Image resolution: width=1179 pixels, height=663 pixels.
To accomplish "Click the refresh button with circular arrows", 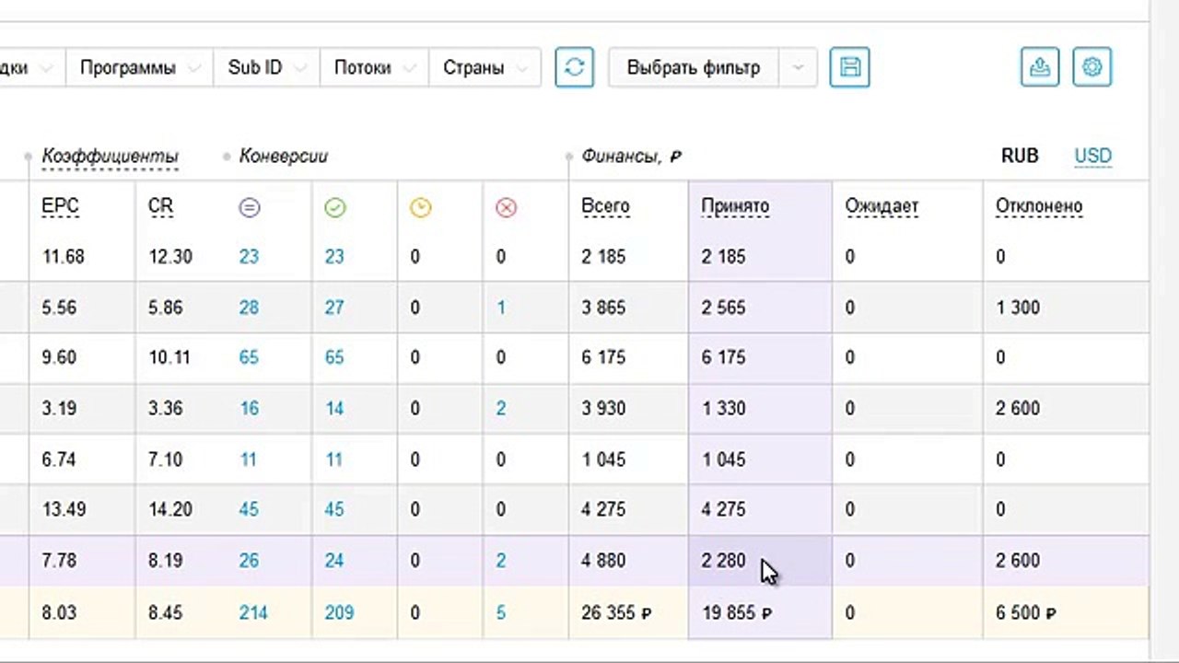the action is pyautogui.click(x=574, y=67).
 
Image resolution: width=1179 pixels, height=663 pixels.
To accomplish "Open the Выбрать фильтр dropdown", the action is pyautogui.click(x=713, y=67).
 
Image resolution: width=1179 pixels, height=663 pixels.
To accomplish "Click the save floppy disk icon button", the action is pyautogui.click(x=849, y=67).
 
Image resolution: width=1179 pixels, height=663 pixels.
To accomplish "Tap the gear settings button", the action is pyautogui.click(x=1092, y=67).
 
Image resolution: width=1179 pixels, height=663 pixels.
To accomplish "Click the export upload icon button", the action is pyautogui.click(x=1040, y=67).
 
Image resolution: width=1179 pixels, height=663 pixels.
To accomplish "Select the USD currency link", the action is pyautogui.click(x=1093, y=156).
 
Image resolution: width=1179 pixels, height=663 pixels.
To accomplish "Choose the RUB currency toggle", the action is pyautogui.click(x=1020, y=156).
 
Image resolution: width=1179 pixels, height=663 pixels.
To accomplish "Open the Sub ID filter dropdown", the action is pyautogui.click(x=267, y=67).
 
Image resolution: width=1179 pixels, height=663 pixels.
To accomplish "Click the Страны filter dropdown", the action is pyautogui.click(x=484, y=67).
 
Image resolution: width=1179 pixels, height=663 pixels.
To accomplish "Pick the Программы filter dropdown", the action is pyautogui.click(x=139, y=67).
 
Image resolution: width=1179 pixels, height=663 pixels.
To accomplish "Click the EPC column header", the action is pyautogui.click(x=60, y=205).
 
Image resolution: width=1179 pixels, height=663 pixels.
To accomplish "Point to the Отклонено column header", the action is pyautogui.click(x=1039, y=205).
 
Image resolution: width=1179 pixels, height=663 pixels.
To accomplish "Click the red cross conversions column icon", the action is pyautogui.click(x=506, y=208).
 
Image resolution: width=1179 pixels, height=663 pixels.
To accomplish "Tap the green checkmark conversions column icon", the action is pyautogui.click(x=335, y=208).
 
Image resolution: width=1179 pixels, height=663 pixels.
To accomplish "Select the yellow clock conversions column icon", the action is pyautogui.click(x=421, y=208).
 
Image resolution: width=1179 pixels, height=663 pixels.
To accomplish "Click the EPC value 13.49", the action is pyautogui.click(x=64, y=509).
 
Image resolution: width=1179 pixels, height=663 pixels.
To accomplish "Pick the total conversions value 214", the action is pyautogui.click(x=253, y=612).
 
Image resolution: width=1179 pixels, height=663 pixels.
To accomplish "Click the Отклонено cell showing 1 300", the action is pyautogui.click(x=1018, y=308).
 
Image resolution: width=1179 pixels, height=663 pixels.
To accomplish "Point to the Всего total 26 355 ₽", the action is pyautogui.click(x=616, y=612).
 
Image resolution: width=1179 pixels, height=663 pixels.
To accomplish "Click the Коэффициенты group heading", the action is pyautogui.click(x=110, y=157).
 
